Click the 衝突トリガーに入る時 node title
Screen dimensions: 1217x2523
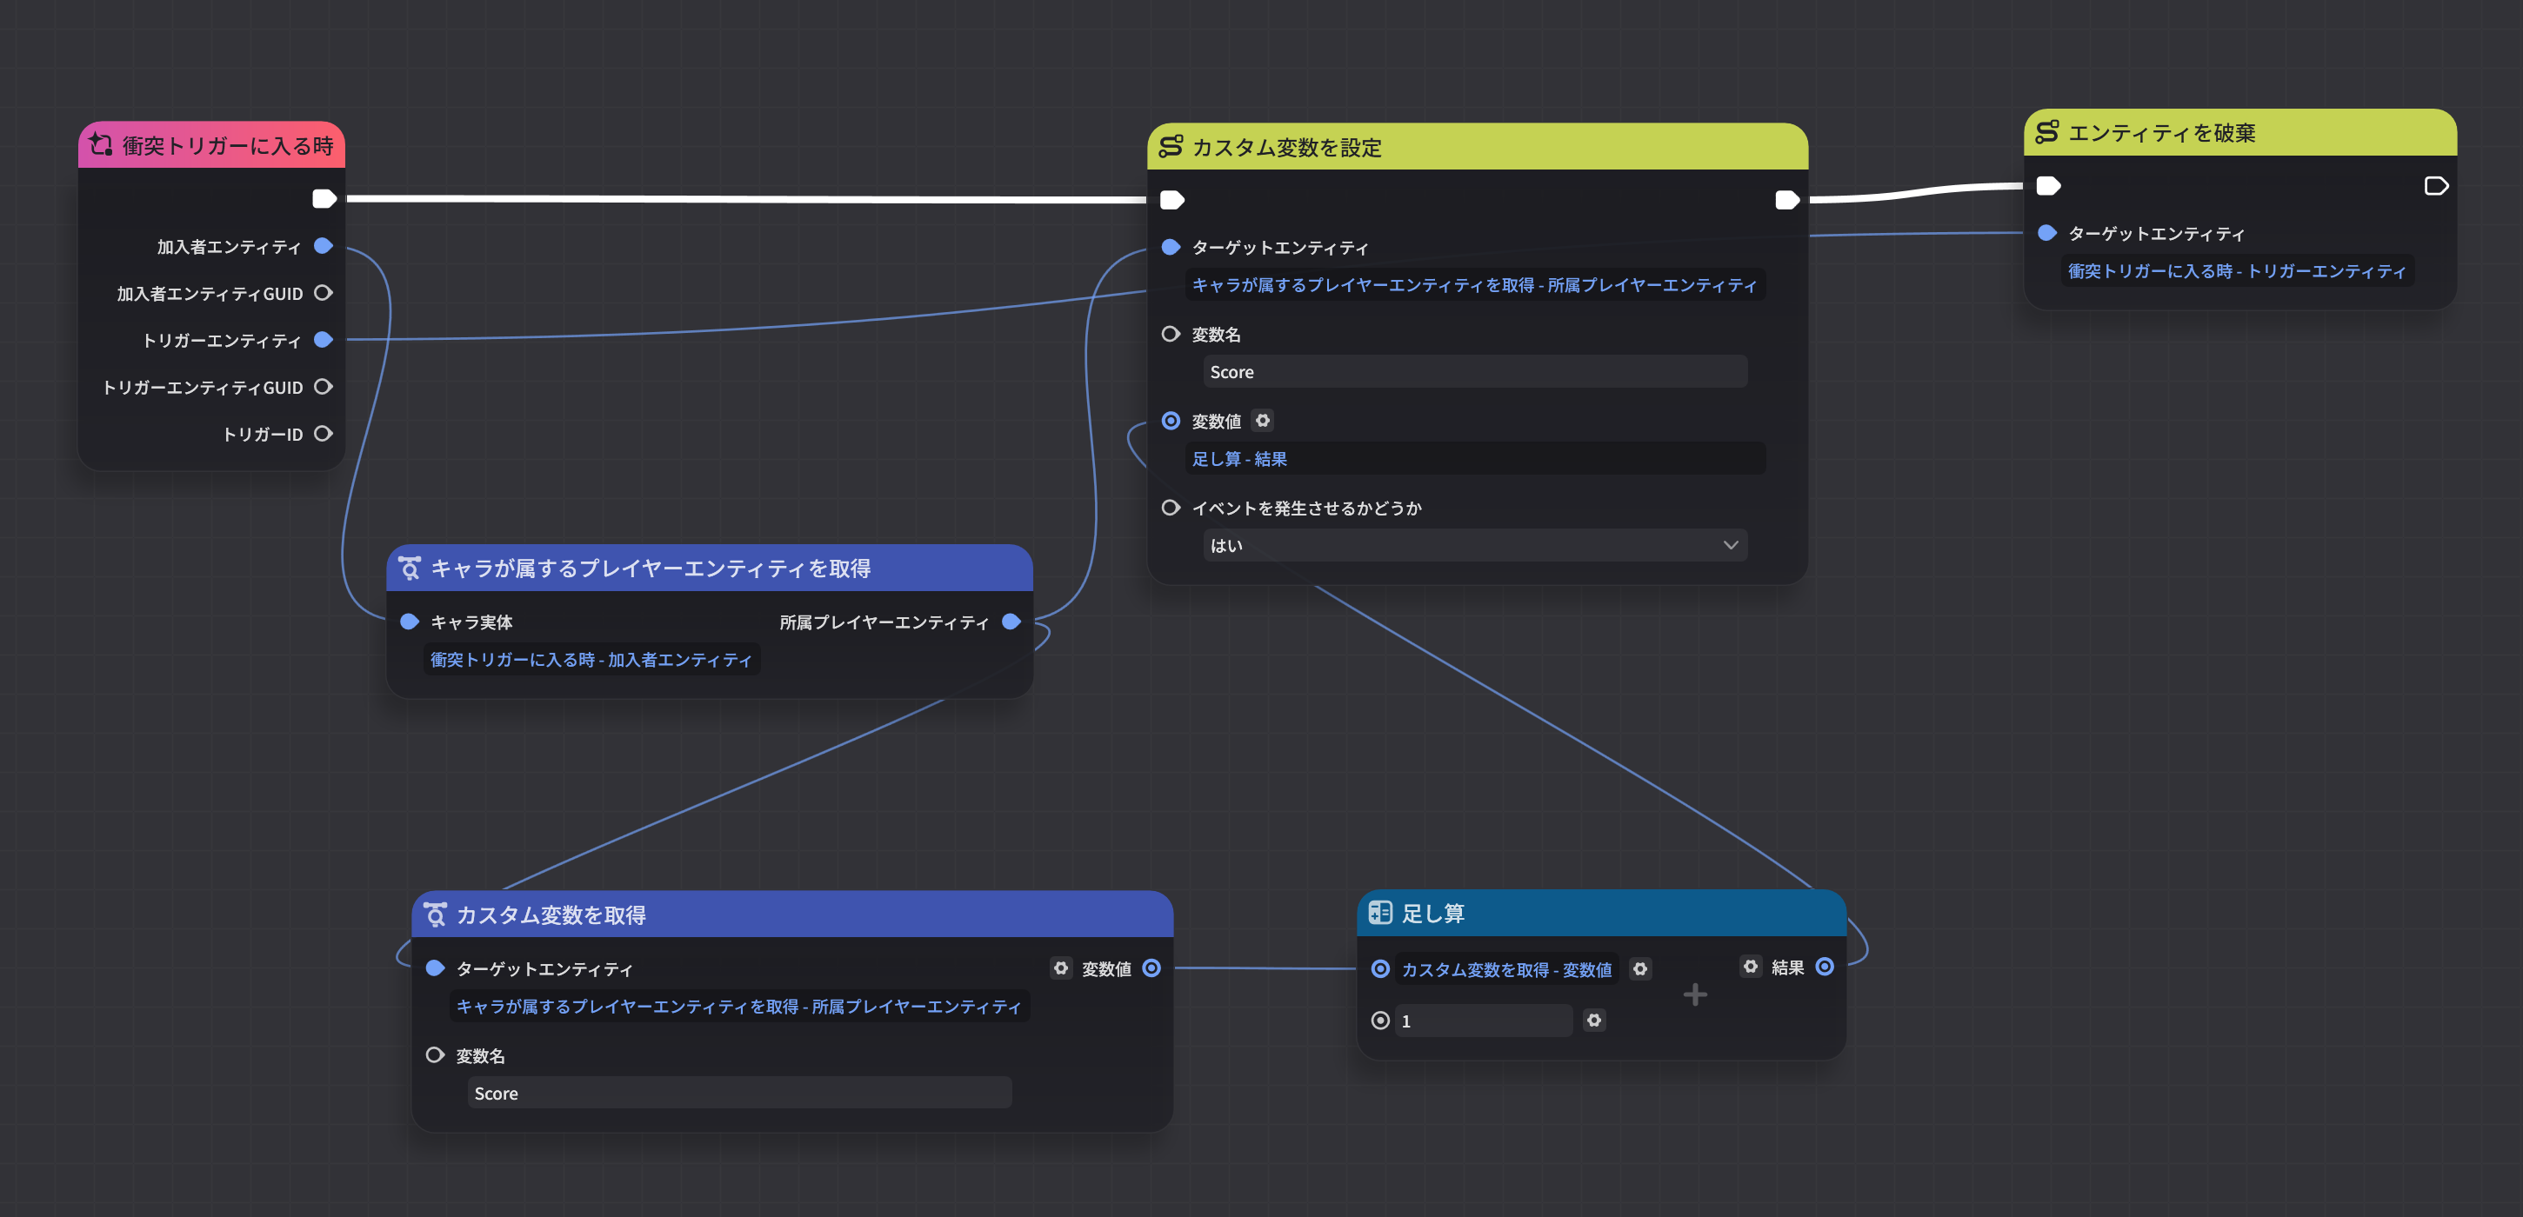227,146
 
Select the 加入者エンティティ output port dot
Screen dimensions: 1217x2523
324,246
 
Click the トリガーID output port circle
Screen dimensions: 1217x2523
324,434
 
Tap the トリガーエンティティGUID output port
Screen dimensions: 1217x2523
324,387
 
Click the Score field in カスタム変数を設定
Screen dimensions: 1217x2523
1474,372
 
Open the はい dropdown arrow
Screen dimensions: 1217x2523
1730,545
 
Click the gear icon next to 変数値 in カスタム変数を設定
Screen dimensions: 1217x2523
1263,421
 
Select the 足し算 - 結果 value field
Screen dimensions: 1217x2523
1474,459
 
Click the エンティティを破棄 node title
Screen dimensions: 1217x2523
2160,133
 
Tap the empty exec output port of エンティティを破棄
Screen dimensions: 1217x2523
2435,186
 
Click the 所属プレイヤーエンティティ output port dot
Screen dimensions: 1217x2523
1011,622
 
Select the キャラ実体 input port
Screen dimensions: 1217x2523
410,622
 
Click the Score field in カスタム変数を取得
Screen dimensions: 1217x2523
738,1093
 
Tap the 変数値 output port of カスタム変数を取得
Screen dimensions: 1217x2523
1151,968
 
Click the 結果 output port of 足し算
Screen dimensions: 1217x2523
1824,967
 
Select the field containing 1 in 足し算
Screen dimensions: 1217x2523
1483,1021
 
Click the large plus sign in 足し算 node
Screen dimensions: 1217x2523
1694,994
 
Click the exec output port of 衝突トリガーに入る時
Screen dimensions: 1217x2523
324,199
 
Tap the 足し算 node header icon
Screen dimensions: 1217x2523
1380,913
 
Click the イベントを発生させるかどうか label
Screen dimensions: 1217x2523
1305,509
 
